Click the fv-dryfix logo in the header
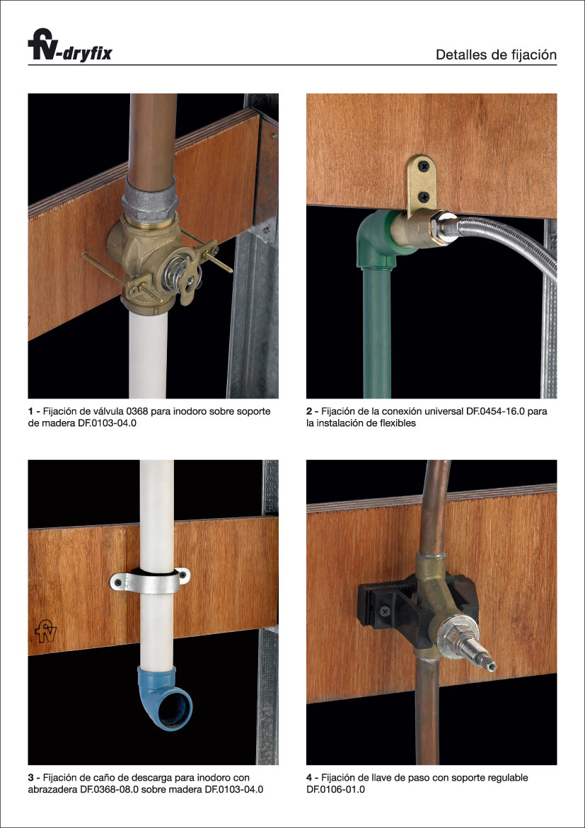(70, 45)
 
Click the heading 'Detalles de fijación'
(496, 55)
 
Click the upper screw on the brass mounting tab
(424, 167)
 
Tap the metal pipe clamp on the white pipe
(150, 581)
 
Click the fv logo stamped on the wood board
(46, 631)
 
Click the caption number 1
(30, 411)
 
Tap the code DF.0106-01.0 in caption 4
(335, 790)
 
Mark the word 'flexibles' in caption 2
(397, 423)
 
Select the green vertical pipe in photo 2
(377, 333)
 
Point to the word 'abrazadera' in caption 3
(49, 790)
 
